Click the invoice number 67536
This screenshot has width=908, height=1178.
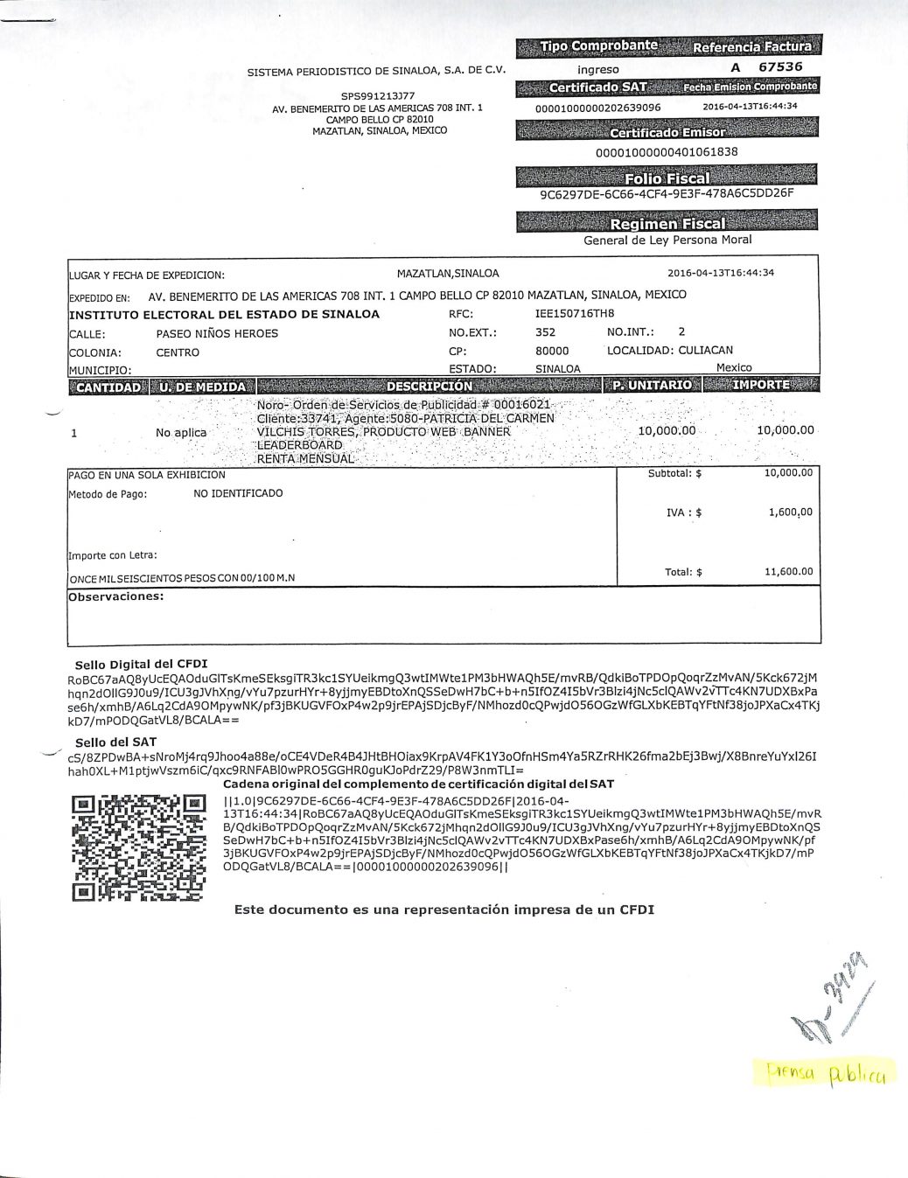pyautogui.click(x=780, y=66)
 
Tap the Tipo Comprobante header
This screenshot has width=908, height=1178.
pyautogui.click(x=598, y=45)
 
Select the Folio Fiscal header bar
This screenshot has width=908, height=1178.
pyautogui.click(x=667, y=178)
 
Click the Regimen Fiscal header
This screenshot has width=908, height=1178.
pyautogui.click(x=667, y=224)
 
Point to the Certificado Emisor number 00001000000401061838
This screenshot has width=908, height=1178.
pyautogui.click(x=667, y=151)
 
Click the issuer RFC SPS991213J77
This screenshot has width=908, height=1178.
pyautogui.click(x=378, y=96)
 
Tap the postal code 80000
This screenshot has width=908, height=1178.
pyautogui.click(x=552, y=352)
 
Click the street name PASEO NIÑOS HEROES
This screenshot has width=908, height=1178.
pyautogui.click(x=217, y=333)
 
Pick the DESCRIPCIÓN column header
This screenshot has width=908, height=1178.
pyautogui.click(x=429, y=386)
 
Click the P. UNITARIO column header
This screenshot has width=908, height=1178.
pyautogui.click(x=652, y=385)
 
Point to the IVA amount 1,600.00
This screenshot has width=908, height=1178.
pyautogui.click(x=790, y=512)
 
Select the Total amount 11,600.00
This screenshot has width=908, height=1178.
pyautogui.click(x=788, y=572)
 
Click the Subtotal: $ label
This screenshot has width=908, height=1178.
pyautogui.click(x=674, y=474)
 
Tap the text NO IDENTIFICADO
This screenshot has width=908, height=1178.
pyautogui.click(x=238, y=493)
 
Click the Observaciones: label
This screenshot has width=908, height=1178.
pyautogui.click(x=116, y=596)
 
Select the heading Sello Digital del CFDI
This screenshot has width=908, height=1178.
pyautogui.click(x=141, y=665)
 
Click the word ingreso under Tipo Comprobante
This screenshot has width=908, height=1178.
pyautogui.click(x=598, y=69)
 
